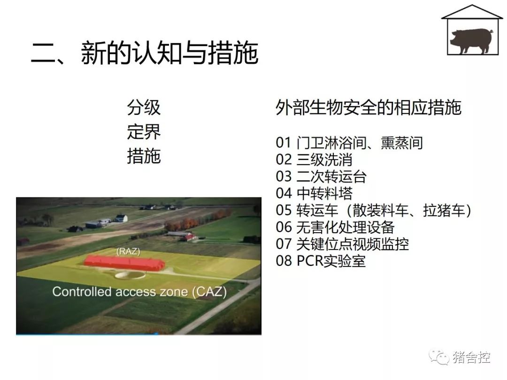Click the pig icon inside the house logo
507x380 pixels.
coord(472,41)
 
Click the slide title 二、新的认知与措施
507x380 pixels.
coord(145,53)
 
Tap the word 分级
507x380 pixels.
coord(144,107)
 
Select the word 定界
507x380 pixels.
coord(144,132)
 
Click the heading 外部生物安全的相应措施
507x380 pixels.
coord(369,107)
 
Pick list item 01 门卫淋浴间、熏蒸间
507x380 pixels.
coord(349,143)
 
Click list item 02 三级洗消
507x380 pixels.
coord(314,160)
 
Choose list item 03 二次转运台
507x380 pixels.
coord(321,176)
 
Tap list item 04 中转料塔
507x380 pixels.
coord(314,193)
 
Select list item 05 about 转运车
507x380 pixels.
coord(374,210)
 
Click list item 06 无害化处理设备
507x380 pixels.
coord(335,227)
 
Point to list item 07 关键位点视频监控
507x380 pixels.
coord(342,244)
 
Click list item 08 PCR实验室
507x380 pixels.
coord(321,261)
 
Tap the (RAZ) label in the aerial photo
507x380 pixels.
coord(128,251)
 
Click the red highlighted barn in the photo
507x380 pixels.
coord(124,262)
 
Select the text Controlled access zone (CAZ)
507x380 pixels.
coord(139,292)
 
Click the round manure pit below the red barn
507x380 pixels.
coord(130,275)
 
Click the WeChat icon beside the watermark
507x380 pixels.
coord(439,357)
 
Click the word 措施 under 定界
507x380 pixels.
coord(144,156)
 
